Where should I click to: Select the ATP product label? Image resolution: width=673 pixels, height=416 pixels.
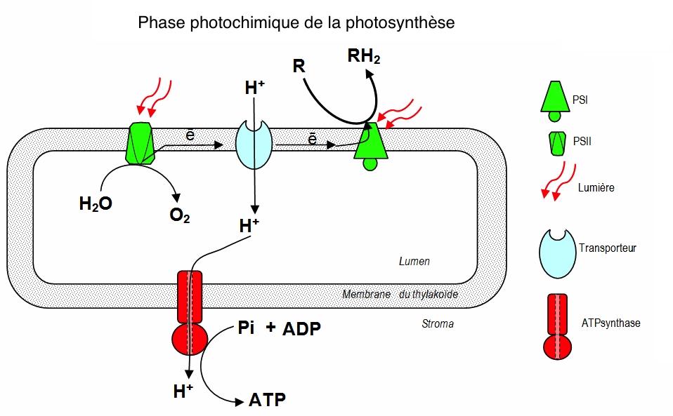tap(267, 401)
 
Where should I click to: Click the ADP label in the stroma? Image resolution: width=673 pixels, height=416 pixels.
tap(302, 329)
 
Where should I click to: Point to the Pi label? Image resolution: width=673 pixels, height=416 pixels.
tap(246, 328)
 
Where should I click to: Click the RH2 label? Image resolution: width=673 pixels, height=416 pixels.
tap(364, 56)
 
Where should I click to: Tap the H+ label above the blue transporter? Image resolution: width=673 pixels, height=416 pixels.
tap(254, 88)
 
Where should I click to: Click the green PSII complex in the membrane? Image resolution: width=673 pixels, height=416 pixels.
tap(140, 144)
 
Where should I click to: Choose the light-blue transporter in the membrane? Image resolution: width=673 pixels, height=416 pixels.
tap(254, 144)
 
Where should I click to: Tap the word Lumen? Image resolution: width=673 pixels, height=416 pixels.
tap(414, 262)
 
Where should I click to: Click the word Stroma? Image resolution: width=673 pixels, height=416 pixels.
tap(437, 323)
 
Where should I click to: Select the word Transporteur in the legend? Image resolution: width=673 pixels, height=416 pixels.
tap(608, 248)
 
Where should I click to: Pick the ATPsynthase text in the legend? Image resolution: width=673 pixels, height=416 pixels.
tap(610, 323)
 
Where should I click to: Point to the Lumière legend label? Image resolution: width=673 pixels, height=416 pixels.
tap(597, 187)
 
